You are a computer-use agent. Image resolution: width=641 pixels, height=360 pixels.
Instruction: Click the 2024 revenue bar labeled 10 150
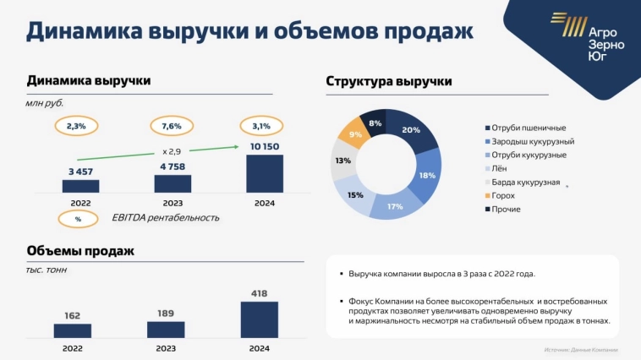click(263, 173)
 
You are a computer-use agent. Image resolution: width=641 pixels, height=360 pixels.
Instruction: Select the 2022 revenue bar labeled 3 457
click(80, 186)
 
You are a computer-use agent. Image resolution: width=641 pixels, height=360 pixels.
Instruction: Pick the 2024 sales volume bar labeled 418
click(260, 320)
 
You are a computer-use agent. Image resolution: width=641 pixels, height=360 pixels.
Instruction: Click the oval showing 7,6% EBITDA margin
click(172, 126)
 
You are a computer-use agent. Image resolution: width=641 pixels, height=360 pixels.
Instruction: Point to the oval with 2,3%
click(76, 126)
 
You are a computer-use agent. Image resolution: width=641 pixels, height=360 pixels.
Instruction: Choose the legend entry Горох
click(503, 195)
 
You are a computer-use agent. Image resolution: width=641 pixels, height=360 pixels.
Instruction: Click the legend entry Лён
click(499, 168)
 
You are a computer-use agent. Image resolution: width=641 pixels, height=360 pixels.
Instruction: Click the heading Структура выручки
click(389, 81)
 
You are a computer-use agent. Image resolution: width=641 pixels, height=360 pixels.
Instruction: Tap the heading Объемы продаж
click(80, 251)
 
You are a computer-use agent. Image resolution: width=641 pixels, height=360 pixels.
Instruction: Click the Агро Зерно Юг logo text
click(605, 44)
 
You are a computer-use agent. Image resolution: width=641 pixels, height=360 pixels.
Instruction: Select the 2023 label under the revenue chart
click(172, 203)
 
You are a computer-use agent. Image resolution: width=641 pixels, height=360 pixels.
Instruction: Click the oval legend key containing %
click(78, 218)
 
